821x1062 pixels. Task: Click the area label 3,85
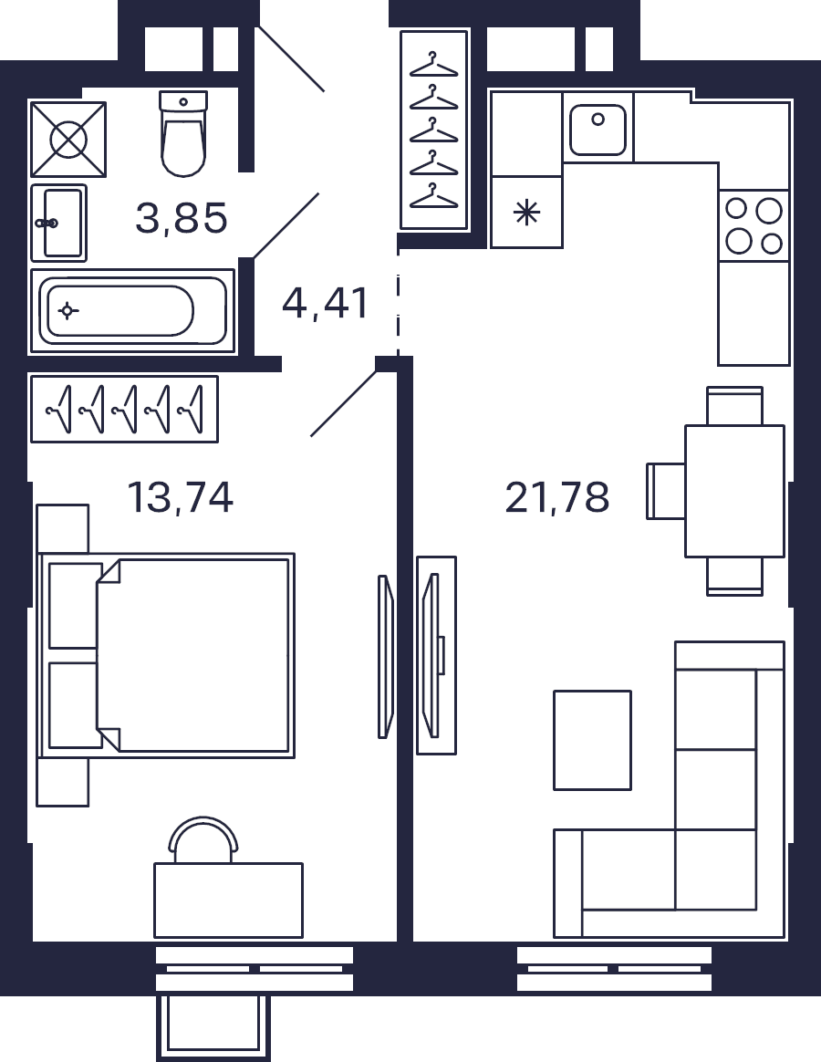[181, 219]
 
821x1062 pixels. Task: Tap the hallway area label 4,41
[325, 303]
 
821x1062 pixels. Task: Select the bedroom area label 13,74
[181, 497]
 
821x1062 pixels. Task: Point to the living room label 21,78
[556, 497]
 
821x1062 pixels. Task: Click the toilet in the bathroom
[182, 133]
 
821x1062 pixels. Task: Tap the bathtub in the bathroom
[132, 311]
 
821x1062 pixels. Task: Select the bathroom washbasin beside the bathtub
[59, 223]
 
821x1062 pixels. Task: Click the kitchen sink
[598, 129]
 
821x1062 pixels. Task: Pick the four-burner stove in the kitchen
[753, 225]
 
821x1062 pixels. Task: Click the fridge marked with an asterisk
[526, 212]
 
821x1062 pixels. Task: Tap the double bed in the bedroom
[167, 655]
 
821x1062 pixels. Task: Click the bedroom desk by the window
[228, 901]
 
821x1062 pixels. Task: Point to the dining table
[735, 491]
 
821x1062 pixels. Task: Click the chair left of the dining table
[666, 491]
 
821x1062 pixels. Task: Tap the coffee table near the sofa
[593, 740]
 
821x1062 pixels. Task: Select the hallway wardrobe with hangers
[434, 130]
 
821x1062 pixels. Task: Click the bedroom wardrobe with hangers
[125, 409]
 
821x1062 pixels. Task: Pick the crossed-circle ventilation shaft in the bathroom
[68, 140]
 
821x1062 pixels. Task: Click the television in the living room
[431, 655]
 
